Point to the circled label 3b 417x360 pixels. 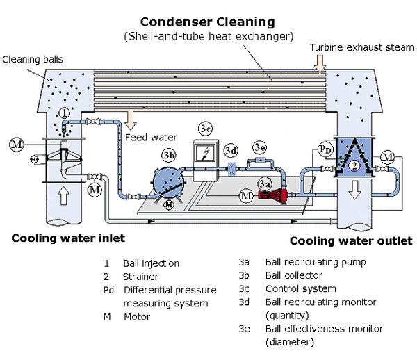tap(169, 154)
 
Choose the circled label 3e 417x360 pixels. tap(260, 147)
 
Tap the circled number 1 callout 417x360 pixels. tap(64, 113)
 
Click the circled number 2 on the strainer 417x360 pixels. tap(353, 165)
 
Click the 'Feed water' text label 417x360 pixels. tap(151, 138)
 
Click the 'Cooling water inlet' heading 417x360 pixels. tap(68, 238)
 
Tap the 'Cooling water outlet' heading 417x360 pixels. tap(350, 241)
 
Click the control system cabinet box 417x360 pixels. tap(206, 161)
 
